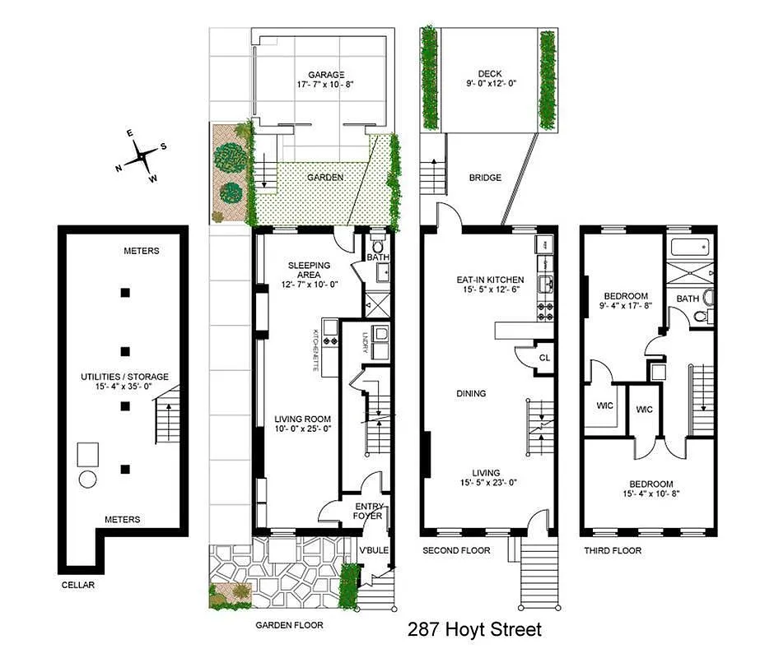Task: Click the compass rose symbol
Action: pyautogui.click(x=141, y=154)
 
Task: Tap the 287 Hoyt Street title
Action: pyautogui.click(x=475, y=630)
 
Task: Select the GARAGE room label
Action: pyautogui.click(x=321, y=74)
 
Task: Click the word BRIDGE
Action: pyautogui.click(x=485, y=178)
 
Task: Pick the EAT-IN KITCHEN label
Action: pyautogui.click(x=490, y=280)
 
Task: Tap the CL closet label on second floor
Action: pyautogui.click(x=544, y=358)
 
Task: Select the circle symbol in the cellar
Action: pyautogui.click(x=88, y=479)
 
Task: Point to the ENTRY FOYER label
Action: pyautogui.click(x=368, y=511)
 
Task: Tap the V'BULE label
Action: pyautogui.click(x=373, y=550)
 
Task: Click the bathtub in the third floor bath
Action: pyautogui.click(x=690, y=247)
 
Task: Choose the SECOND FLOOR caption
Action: pyautogui.click(x=456, y=551)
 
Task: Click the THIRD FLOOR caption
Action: pyautogui.click(x=613, y=551)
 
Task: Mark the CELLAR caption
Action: pyautogui.click(x=79, y=586)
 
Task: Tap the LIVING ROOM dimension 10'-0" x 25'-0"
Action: pyautogui.click(x=301, y=429)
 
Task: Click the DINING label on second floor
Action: pyautogui.click(x=472, y=394)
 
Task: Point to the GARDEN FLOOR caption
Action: pyautogui.click(x=289, y=625)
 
